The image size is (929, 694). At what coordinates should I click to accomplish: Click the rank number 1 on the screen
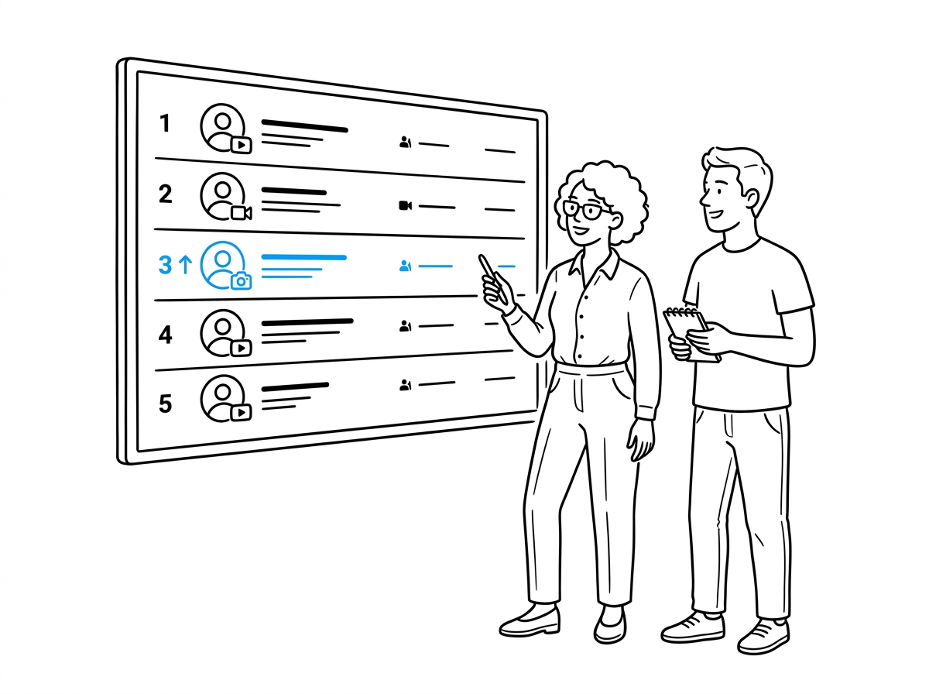point(165,123)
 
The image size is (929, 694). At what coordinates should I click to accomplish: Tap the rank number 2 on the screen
point(166,194)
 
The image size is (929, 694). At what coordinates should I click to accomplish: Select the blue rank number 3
point(165,265)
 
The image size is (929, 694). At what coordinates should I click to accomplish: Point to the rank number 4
point(166,335)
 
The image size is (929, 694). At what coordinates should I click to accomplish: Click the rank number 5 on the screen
point(166,404)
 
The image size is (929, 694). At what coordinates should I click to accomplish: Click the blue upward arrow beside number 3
point(185,264)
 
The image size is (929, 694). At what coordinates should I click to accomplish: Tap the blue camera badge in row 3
point(242,280)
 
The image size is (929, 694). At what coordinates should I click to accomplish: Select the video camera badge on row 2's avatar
point(242,212)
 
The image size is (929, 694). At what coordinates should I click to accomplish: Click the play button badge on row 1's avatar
point(242,145)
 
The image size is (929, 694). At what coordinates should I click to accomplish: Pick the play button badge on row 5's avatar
point(242,412)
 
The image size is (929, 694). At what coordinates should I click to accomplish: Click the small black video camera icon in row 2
point(406,206)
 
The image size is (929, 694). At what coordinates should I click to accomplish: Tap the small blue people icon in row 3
point(405,266)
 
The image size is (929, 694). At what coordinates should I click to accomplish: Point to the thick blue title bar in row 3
point(304,257)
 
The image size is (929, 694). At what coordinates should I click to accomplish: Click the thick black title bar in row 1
point(305,126)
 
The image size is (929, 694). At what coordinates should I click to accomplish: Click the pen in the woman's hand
point(492,278)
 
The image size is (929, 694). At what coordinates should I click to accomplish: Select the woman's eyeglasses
point(586,210)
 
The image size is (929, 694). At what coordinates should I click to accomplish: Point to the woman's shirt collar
point(595,265)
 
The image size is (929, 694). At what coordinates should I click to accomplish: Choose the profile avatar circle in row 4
point(223,333)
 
